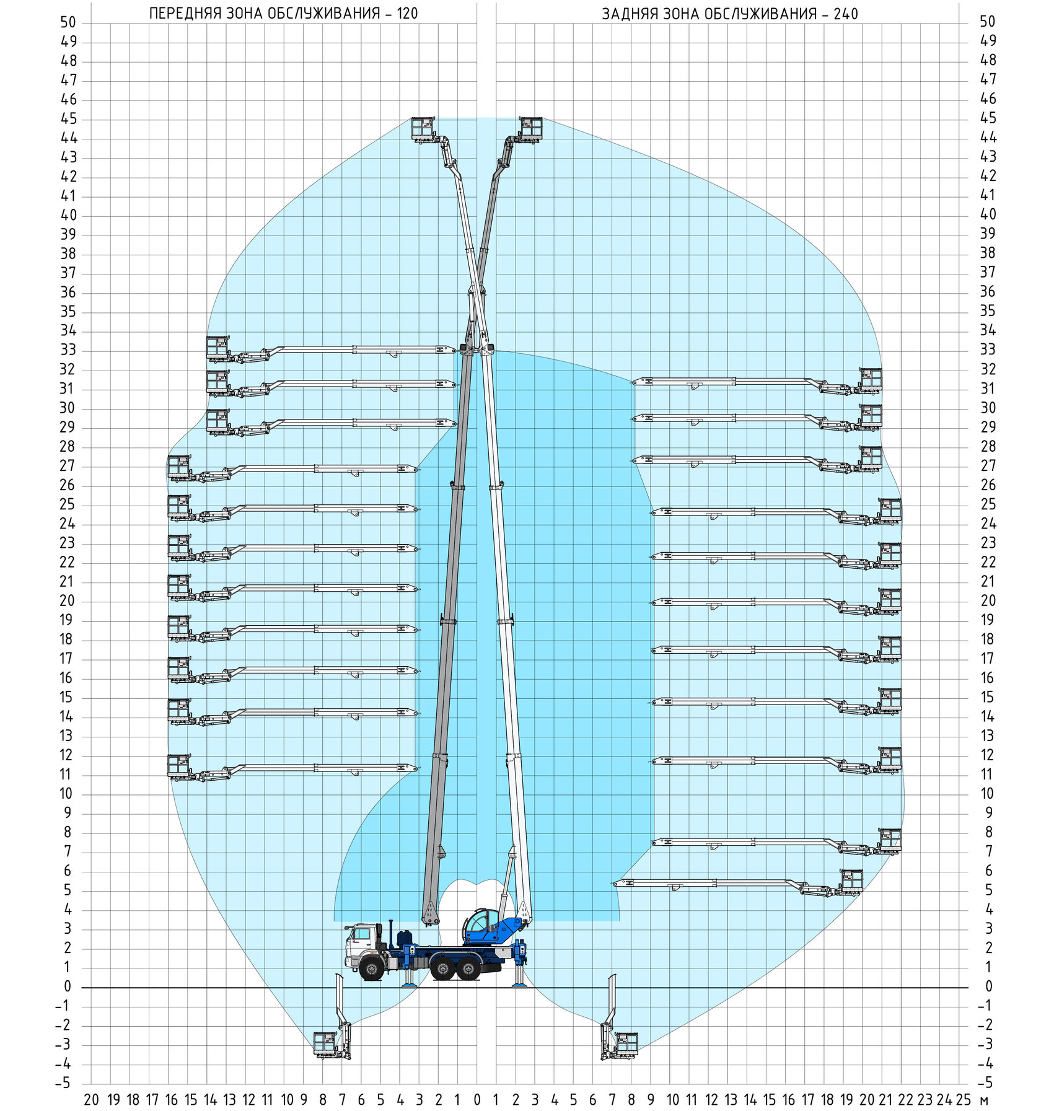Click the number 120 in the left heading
(407, 14)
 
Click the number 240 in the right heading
(846, 14)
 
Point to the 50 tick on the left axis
(68, 22)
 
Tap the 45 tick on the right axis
(988, 118)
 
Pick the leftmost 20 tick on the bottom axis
(91, 1100)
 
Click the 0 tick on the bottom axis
(477, 1100)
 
